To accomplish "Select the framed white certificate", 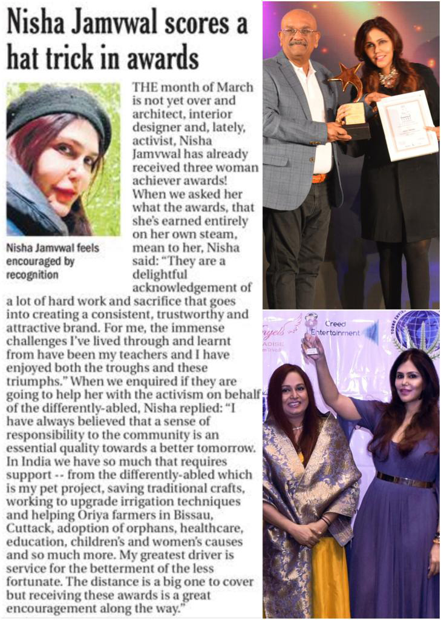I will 407,125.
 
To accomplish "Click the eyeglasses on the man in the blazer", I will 299,31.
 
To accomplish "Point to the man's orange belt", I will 318,178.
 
